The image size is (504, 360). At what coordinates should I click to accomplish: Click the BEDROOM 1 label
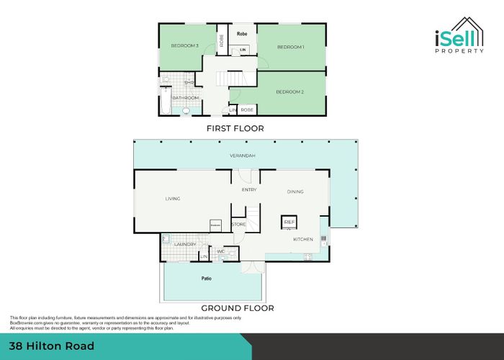point(291,48)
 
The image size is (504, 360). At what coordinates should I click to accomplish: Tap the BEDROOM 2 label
point(291,92)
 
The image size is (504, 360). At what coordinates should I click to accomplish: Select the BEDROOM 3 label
point(184,46)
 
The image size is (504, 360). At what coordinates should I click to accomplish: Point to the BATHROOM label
point(185,98)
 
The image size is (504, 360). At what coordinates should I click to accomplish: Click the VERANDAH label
point(243,156)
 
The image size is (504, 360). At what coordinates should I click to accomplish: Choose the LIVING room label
point(173,199)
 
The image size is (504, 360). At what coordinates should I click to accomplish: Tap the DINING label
point(295,192)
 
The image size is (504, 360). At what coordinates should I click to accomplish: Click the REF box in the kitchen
point(289,222)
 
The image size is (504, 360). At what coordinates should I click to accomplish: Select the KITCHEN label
point(302,239)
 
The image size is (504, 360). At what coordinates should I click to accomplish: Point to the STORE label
point(238,225)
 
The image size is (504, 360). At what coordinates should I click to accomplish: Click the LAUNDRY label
point(186,244)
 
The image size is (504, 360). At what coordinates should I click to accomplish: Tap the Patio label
point(206,276)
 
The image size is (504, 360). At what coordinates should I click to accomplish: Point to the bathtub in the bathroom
point(166,102)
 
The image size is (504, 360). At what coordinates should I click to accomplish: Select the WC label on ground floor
point(220,251)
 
